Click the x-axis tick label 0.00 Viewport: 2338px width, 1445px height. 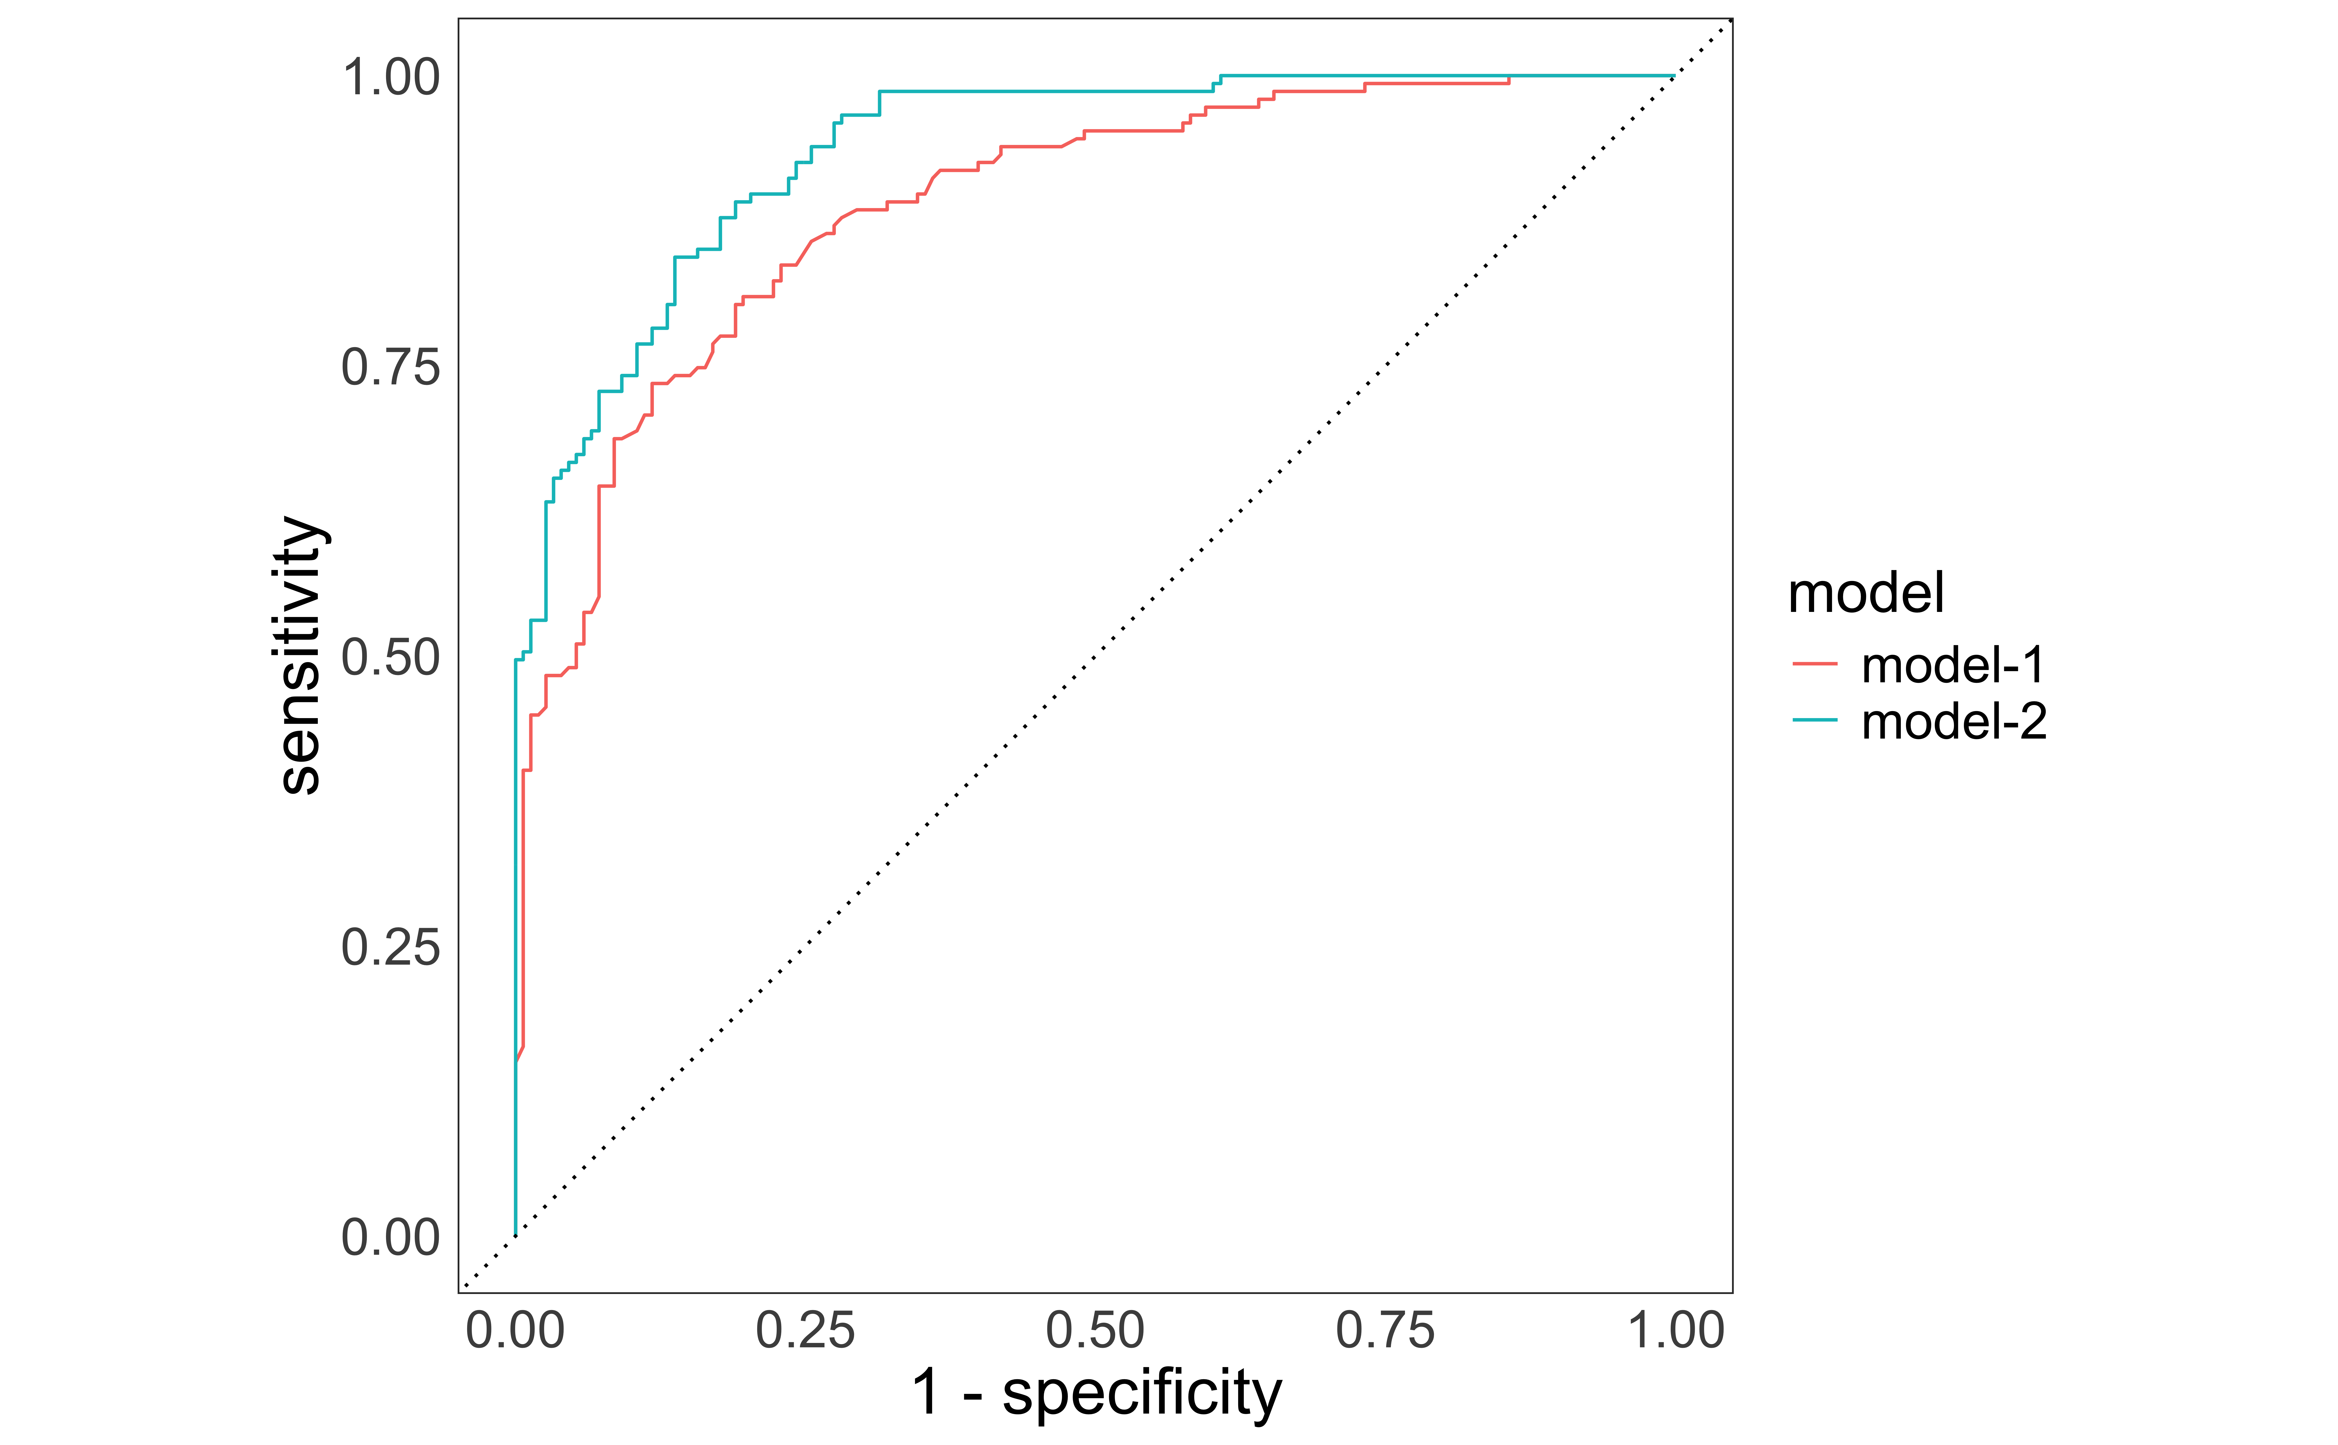tap(515, 1330)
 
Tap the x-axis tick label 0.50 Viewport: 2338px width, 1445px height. tap(1095, 1330)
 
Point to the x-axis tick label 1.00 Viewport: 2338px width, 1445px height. tap(1675, 1330)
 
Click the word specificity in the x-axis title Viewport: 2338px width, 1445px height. tap(1142, 1393)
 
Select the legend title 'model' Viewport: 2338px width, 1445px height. tap(1865, 593)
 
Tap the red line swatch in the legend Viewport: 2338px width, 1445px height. tap(1814, 663)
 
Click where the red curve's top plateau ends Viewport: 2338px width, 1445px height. tap(1509, 82)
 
